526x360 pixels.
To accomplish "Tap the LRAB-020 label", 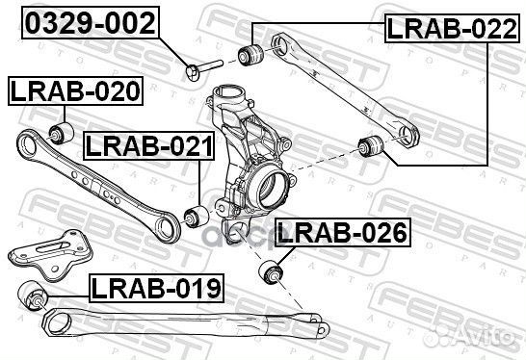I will pos(75,92).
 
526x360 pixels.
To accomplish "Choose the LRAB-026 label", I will pos(342,232).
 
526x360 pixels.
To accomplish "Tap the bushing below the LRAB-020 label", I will pos(60,130).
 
